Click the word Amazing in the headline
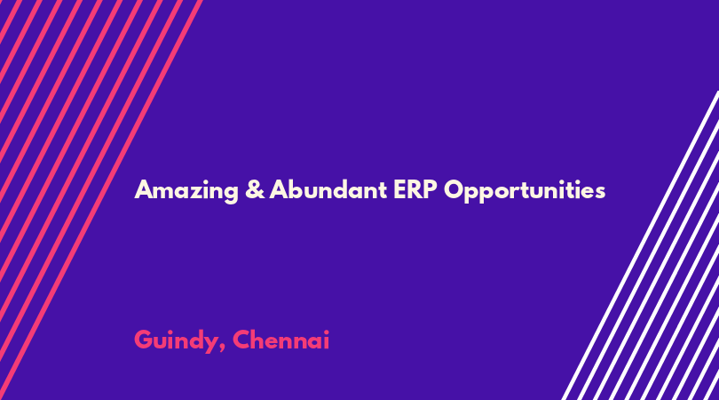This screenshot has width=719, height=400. coord(186,190)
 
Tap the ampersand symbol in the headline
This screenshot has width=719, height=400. coord(255,189)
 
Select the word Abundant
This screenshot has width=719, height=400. coord(328,189)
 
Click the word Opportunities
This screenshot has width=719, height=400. coord(525,190)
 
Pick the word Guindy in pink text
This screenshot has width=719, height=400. coord(176,340)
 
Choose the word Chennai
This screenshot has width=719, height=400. coord(280,340)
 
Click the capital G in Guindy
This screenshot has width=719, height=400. coord(144,340)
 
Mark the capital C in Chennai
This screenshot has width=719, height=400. coord(241,340)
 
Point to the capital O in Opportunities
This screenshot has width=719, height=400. coord(454,189)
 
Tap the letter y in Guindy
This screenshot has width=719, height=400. coord(210,344)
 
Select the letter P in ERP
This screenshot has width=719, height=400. coord(431,189)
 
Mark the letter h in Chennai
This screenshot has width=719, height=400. coord(259,340)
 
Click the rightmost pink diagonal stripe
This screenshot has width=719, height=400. coord(101,200)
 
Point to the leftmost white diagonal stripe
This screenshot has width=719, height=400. coord(640,245)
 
